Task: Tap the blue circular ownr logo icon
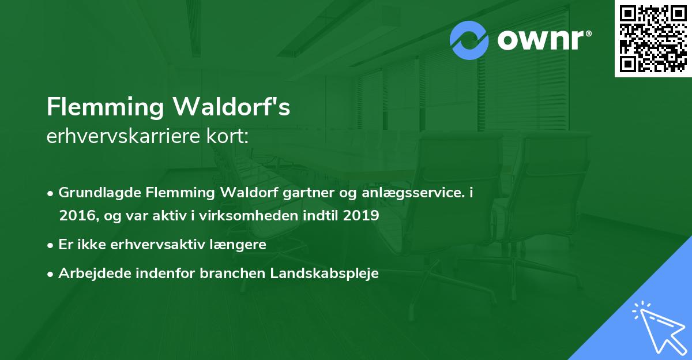tap(469, 40)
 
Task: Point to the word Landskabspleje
tap(324, 273)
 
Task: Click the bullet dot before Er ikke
tap(51, 245)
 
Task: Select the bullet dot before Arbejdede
tap(51, 274)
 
